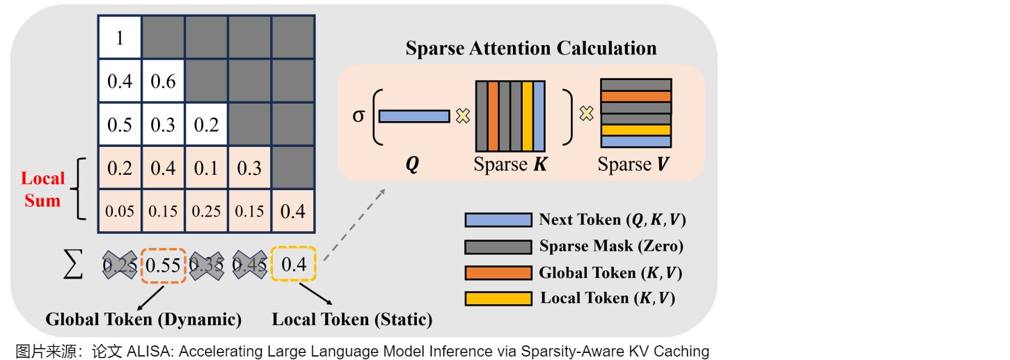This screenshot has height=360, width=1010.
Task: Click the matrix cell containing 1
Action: [120, 38]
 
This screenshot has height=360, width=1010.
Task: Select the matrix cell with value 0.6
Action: [163, 81]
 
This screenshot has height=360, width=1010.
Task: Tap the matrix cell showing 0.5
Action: [120, 124]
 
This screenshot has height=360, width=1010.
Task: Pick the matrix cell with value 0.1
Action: [207, 167]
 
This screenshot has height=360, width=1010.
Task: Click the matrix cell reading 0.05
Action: [120, 210]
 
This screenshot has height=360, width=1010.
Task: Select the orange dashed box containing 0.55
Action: [163, 265]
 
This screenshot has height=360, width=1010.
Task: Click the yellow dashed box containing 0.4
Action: [293, 265]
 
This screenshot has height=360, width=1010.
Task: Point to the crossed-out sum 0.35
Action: [206, 265]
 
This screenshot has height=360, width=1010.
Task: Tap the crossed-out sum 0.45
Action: [250, 265]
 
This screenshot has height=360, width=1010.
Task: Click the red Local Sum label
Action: [43, 189]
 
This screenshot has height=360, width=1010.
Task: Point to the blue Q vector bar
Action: [414, 116]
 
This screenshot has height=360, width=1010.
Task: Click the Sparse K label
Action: [510, 166]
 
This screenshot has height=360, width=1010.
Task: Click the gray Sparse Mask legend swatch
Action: [497, 246]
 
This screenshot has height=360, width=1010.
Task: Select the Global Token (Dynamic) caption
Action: [143, 320]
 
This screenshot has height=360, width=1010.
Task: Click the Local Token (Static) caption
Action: [352, 320]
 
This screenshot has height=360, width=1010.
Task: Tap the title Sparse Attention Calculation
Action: [531, 48]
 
